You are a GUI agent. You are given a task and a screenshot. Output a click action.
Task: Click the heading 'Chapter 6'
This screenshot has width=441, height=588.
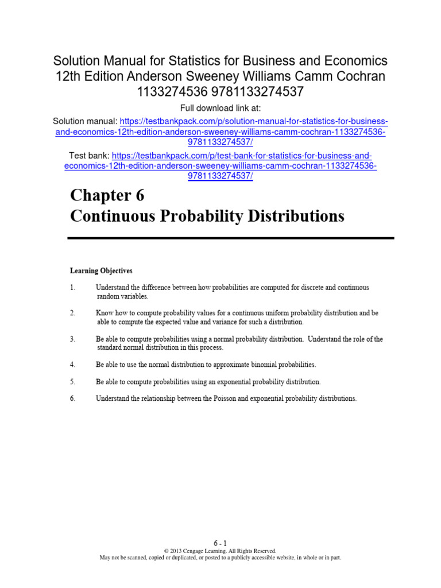point(107,196)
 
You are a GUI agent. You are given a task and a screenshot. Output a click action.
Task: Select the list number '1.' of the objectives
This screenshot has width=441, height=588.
point(73,287)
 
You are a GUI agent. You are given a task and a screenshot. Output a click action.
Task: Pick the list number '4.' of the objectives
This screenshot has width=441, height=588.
point(73,365)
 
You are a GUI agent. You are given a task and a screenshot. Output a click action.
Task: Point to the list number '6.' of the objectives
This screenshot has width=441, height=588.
point(73,399)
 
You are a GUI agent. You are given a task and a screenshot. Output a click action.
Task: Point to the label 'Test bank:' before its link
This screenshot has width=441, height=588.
point(88,156)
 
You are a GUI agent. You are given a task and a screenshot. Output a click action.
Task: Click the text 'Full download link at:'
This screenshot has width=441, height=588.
point(220,109)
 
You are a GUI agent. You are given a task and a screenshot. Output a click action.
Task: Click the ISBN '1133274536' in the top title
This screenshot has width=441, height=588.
point(165,91)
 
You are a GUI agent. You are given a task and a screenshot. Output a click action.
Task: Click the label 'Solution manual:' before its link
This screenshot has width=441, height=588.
point(85,121)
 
